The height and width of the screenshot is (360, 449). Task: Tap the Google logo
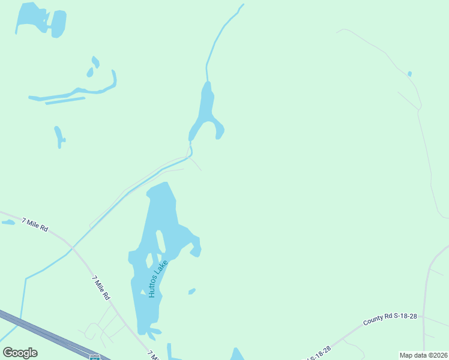click(x=20, y=352)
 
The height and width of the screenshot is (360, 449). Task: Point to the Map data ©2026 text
click(x=423, y=355)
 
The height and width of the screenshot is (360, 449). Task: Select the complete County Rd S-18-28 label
click(x=390, y=319)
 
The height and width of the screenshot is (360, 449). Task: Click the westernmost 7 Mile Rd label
click(x=35, y=225)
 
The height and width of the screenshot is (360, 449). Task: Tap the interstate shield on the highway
click(x=94, y=356)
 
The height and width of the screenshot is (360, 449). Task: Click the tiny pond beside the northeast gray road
click(x=409, y=74)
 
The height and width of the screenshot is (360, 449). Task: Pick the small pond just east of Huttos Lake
click(x=191, y=292)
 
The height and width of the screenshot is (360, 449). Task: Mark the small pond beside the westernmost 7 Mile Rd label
click(x=8, y=223)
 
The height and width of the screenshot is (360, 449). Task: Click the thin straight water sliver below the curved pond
click(x=65, y=100)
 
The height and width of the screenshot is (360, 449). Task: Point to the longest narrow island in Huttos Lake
click(x=161, y=241)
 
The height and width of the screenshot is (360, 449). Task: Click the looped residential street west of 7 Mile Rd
click(x=93, y=330)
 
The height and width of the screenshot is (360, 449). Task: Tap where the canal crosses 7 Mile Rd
click(x=71, y=247)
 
